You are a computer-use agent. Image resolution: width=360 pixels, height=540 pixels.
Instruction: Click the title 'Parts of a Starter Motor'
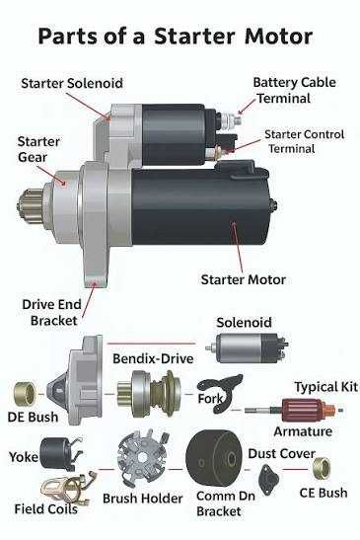(175, 37)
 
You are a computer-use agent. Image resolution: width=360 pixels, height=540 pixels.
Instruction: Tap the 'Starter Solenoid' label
(72, 82)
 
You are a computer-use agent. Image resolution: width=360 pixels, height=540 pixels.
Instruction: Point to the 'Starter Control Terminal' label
(306, 141)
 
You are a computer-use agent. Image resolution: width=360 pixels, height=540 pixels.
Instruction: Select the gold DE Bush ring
(27, 394)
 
